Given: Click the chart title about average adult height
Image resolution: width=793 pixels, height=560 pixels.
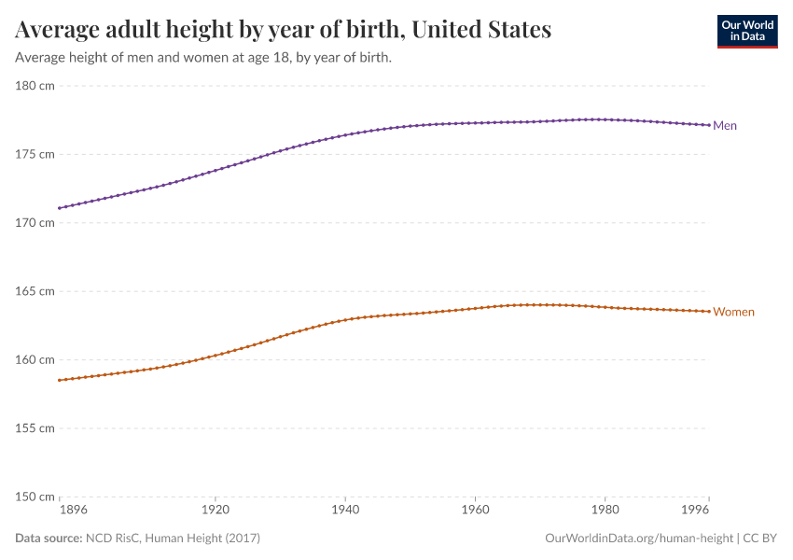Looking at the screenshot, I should point(283,30).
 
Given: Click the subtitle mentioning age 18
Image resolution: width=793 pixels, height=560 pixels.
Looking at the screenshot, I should point(202,58).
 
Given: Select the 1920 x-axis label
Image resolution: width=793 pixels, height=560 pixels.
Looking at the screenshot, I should point(216,511).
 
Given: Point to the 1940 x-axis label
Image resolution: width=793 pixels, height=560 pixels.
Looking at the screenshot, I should point(345,511).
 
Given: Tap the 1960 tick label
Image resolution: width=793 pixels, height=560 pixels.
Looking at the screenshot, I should point(475,511).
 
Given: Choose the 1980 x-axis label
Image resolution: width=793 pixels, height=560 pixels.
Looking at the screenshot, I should point(605,511).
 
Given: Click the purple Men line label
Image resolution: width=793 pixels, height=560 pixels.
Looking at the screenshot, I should point(725,126).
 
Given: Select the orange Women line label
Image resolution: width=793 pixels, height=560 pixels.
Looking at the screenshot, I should point(733,312).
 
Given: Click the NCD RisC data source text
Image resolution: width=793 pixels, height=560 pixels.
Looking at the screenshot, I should point(172,539).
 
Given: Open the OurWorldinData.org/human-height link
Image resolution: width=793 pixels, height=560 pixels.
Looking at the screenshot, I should point(638,539).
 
